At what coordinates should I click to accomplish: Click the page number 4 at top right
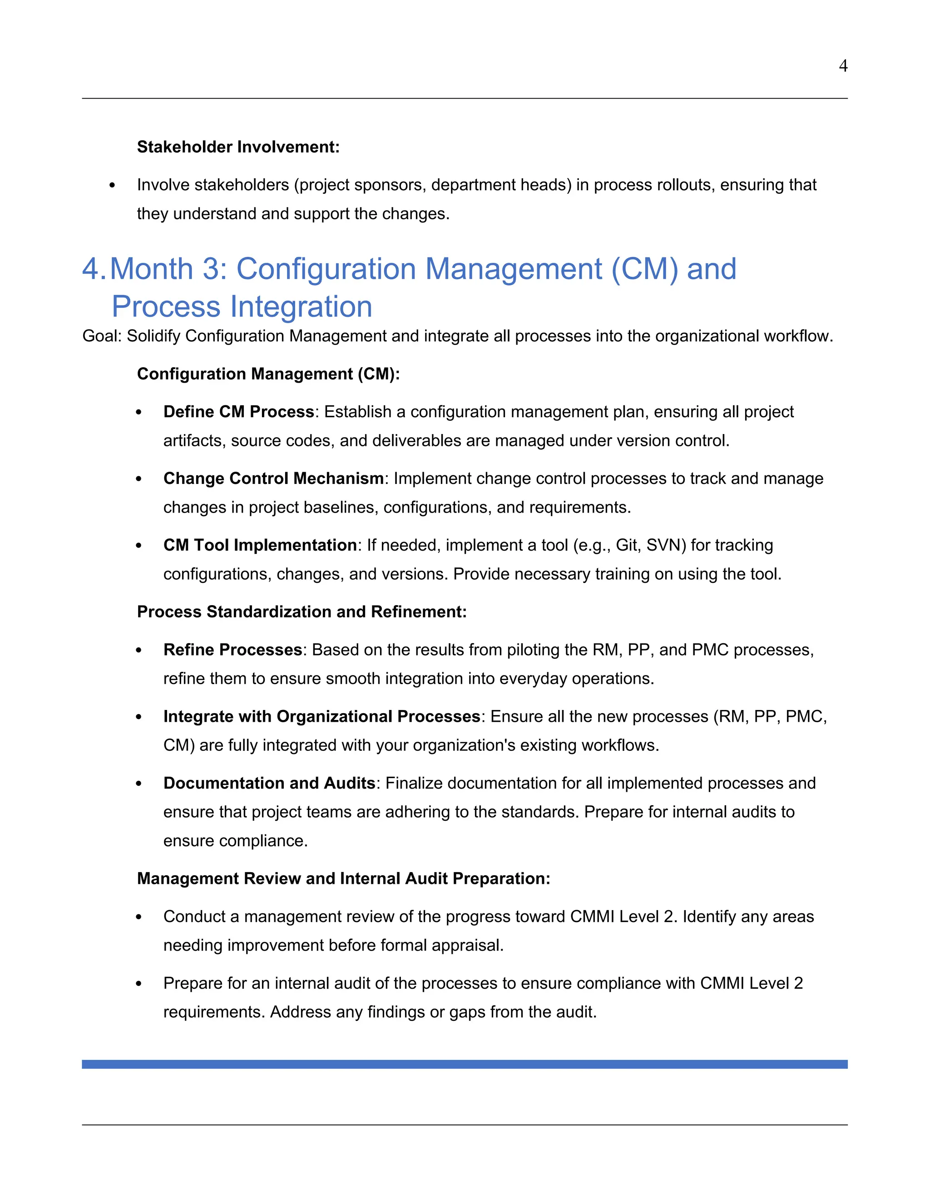coord(842,66)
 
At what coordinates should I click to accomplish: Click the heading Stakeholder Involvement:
coord(238,147)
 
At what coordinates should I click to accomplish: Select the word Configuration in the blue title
coord(326,269)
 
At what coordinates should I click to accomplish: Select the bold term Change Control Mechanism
coord(273,478)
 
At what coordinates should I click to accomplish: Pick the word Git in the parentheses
coord(626,545)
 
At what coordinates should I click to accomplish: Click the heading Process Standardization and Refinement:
coord(302,611)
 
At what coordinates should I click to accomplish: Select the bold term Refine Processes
coord(232,650)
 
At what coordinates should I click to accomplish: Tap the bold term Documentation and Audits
coord(269,783)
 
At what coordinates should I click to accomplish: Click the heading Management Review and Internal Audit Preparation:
coord(343,878)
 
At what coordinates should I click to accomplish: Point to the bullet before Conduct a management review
coord(139,917)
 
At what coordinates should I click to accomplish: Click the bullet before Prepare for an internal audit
coord(139,984)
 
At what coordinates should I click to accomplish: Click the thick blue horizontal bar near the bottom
coord(465,1064)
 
